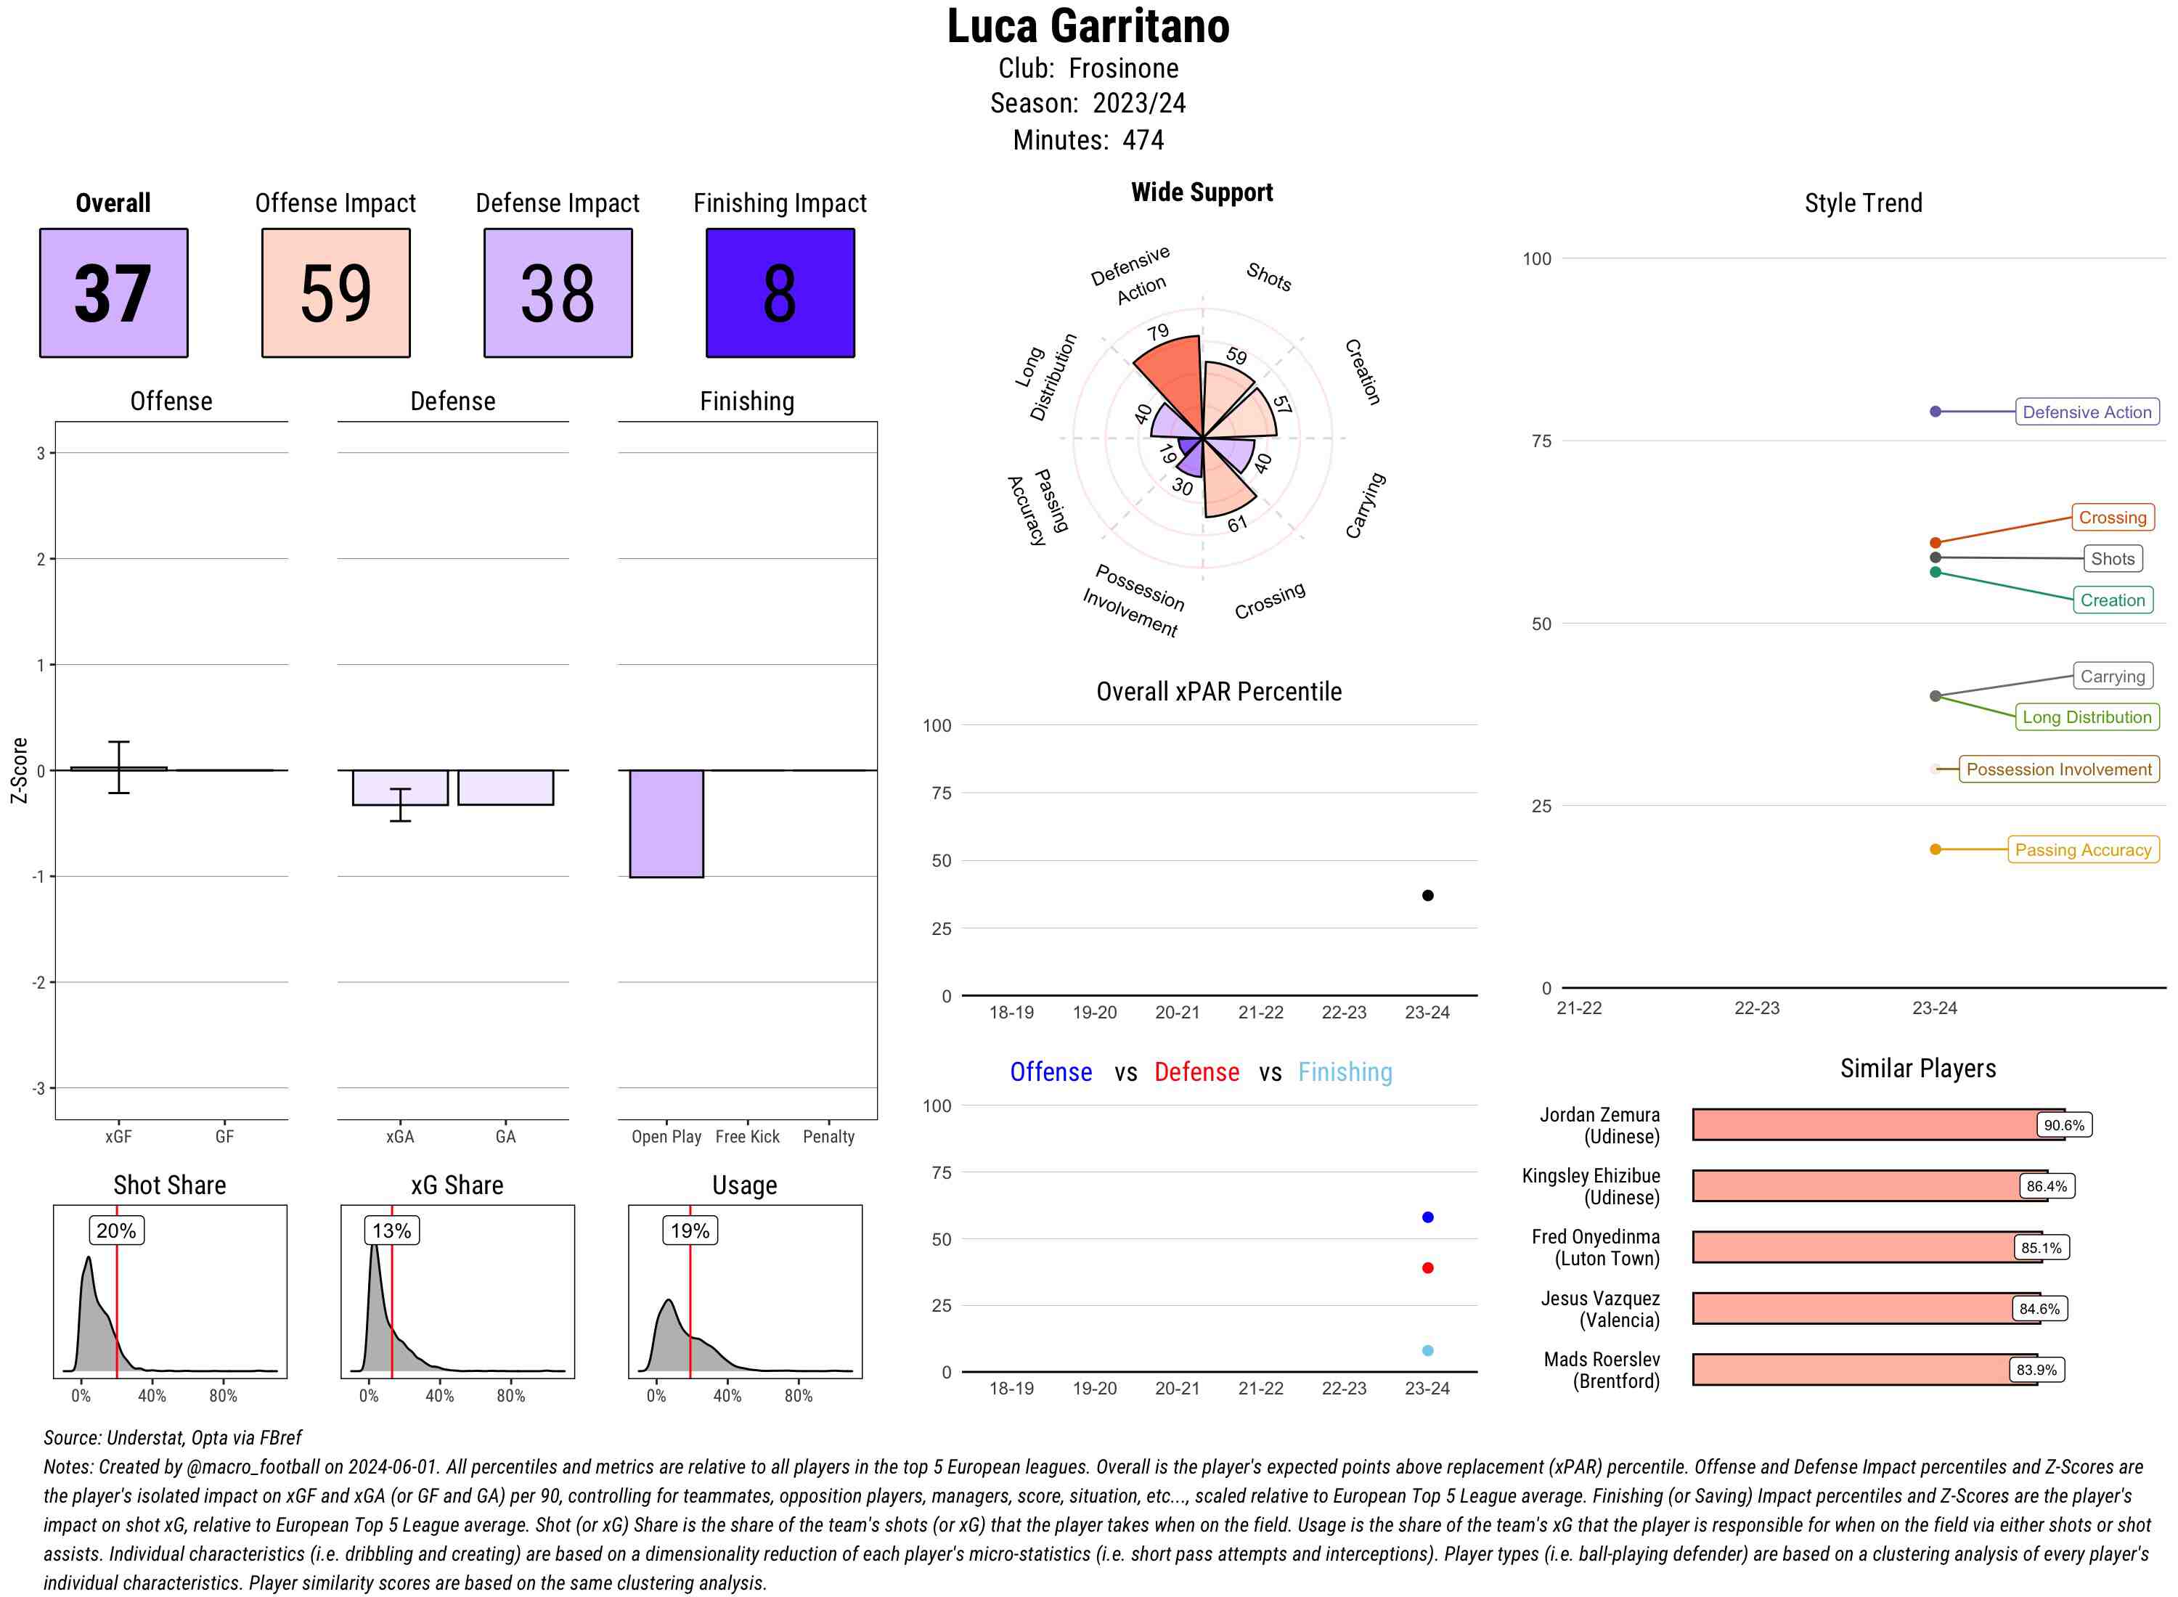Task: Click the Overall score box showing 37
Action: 113,293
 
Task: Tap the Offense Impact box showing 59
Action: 335,293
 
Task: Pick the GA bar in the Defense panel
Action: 505,787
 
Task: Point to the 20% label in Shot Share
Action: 116,1230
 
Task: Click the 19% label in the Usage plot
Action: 690,1230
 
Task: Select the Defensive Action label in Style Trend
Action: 2087,412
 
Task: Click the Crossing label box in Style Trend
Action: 2112,517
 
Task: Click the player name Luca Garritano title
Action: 1088,26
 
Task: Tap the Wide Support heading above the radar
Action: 1202,192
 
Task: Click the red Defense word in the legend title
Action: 1196,1072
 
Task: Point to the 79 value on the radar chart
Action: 1157,332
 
